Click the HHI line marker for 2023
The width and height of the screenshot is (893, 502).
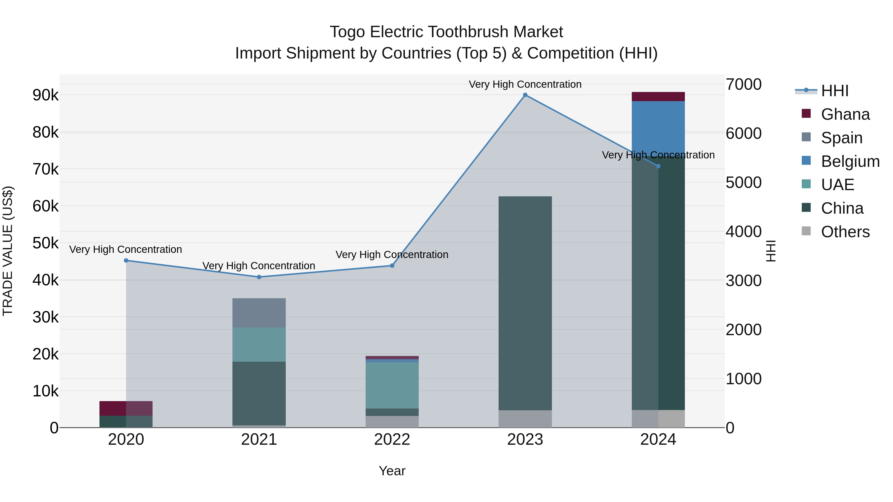[525, 95]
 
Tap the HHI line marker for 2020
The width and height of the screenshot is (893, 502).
[126, 261]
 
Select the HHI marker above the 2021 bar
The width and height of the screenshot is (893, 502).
[259, 277]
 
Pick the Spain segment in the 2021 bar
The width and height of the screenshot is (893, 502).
[259, 313]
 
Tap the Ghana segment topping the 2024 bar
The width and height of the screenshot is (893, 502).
[658, 97]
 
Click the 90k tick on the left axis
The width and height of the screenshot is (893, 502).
[46, 95]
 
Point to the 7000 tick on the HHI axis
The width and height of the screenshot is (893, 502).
[744, 85]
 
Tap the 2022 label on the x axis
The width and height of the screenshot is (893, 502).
[392, 440]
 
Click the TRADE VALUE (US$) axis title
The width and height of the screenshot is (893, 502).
[8, 251]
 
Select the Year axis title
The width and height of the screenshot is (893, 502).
[392, 471]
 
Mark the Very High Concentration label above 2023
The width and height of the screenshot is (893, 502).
[525, 84]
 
